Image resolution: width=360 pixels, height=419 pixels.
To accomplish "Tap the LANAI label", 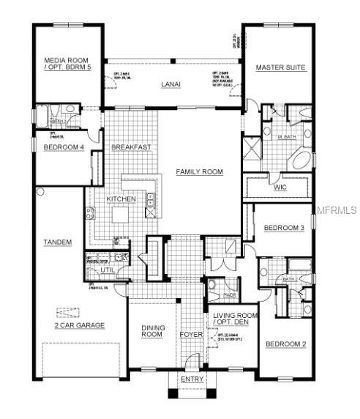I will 171,84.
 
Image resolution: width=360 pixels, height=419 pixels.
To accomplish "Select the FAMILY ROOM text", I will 199,171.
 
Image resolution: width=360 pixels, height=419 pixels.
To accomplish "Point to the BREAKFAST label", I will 131,147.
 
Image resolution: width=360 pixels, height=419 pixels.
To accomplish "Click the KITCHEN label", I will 121,199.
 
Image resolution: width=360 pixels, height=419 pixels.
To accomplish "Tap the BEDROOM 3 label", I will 284,229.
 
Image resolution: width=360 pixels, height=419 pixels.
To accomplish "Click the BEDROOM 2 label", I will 285,344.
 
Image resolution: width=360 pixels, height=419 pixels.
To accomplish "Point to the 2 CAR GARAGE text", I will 80,325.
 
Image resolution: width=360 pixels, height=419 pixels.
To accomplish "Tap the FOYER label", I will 192,335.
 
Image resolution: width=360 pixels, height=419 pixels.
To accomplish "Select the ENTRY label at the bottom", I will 192,379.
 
